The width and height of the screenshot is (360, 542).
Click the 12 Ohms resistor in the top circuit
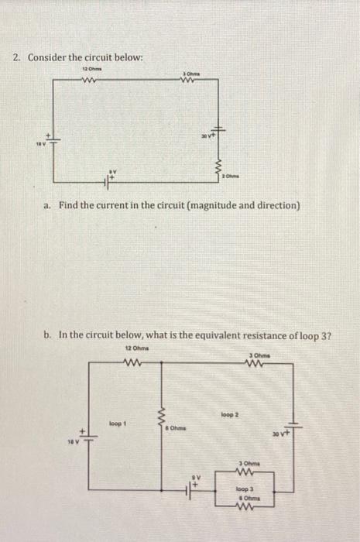(x=87, y=77)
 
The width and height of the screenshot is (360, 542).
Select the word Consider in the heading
(x=48, y=58)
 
